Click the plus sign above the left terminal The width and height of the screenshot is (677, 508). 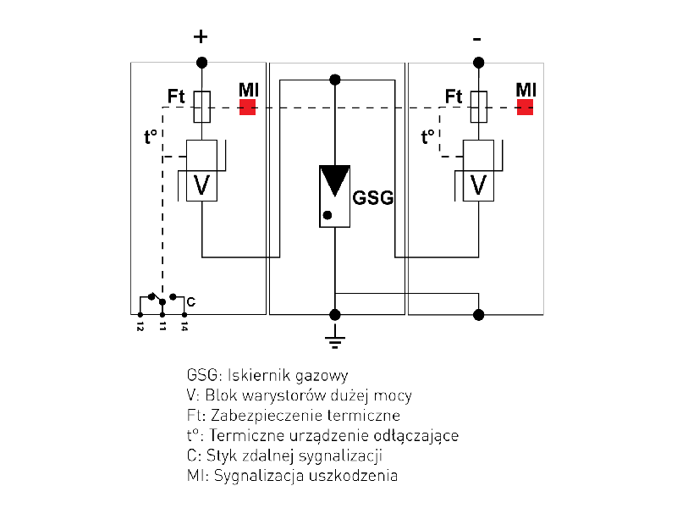tap(201, 36)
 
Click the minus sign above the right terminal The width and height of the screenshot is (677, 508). tap(477, 39)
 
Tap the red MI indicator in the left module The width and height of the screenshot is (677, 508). tap(247, 108)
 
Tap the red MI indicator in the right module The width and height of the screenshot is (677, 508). tap(525, 108)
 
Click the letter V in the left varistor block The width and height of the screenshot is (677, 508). tap(201, 185)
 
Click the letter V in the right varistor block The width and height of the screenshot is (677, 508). tap(479, 185)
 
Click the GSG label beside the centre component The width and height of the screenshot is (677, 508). tap(373, 197)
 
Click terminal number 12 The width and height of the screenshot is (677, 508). tap(140, 325)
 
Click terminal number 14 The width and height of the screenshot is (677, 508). tap(184, 325)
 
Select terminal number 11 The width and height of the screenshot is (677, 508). tap(162, 325)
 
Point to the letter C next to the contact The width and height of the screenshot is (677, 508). tap(191, 301)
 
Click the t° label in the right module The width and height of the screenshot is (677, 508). tap(429, 135)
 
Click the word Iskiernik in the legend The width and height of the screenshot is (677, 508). tap(256, 374)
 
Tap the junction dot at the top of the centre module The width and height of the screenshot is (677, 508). tap(335, 80)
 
